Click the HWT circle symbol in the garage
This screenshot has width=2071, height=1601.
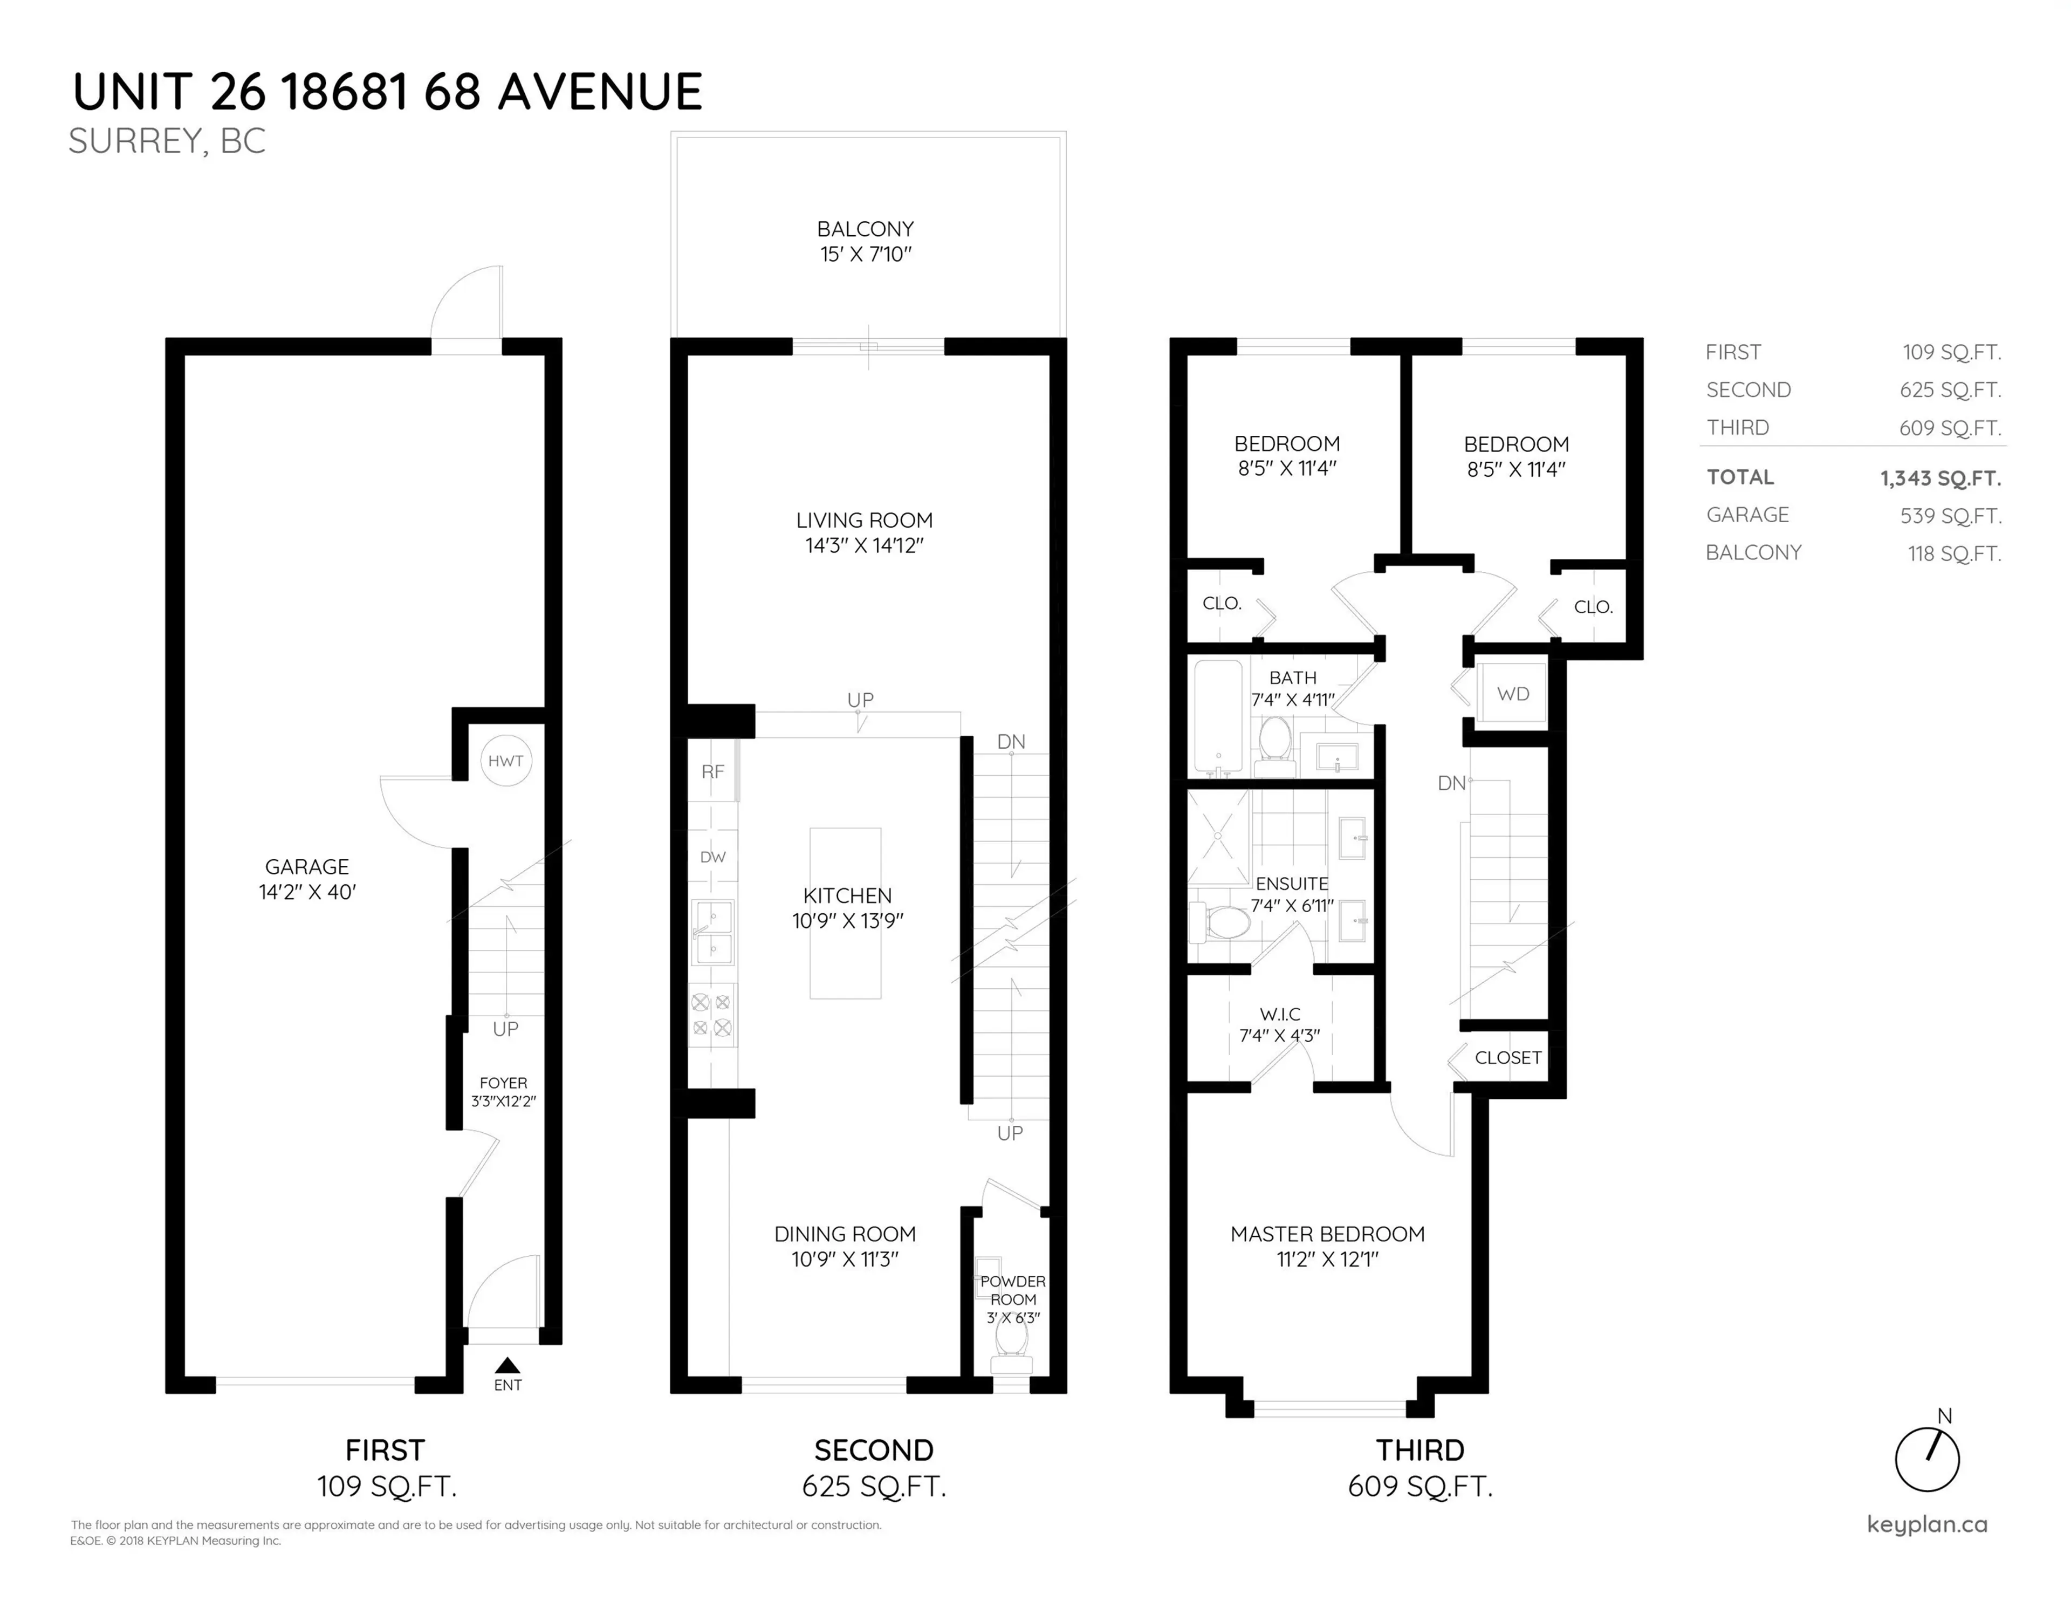pos(505,761)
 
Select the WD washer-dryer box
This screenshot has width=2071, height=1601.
pos(1512,694)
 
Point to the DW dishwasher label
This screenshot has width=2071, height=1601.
pos(712,857)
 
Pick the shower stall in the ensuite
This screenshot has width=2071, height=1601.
pos(1218,837)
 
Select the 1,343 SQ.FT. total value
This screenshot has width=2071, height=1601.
pos(1940,478)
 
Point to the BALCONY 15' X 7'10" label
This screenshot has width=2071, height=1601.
pos(866,242)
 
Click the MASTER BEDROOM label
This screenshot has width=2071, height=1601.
pos(1327,1234)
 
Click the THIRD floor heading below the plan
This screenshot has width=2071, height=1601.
pos(1419,1450)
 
